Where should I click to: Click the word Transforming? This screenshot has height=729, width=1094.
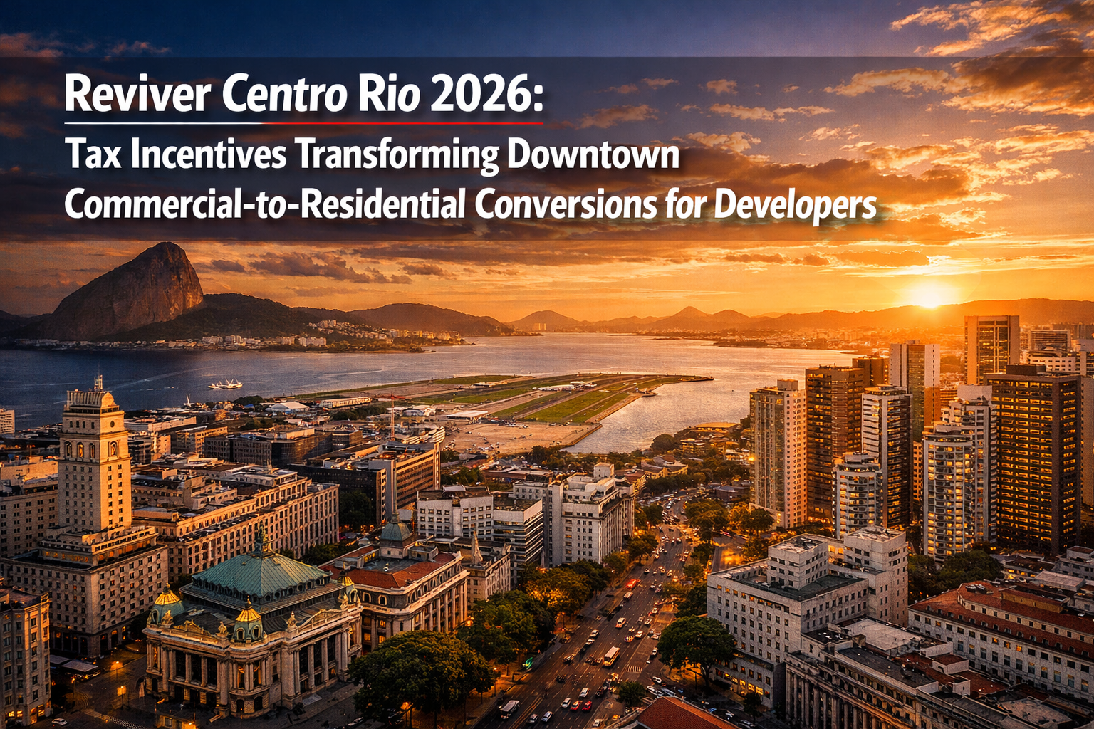[x=396, y=155]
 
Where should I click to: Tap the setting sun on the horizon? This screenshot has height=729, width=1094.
[x=929, y=294]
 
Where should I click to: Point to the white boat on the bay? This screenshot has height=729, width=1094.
[x=225, y=384]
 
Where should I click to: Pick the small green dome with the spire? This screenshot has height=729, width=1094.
[x=396, y=530]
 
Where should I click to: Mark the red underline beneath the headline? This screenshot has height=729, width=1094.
[x=402, y=123]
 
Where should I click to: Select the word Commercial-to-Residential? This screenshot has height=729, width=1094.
[x=264, y=204]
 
